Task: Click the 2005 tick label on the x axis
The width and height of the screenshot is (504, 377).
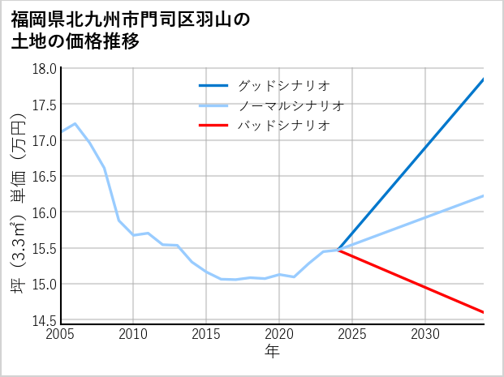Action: [60, 334]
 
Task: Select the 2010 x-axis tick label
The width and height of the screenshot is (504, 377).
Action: [133, 334]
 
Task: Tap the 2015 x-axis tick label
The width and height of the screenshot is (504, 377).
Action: [206, 334]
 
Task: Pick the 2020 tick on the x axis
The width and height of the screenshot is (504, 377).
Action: [279, 334]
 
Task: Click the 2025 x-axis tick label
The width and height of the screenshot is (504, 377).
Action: [352, 334]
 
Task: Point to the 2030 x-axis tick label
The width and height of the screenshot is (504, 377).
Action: [425, 334]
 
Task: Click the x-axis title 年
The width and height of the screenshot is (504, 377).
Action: [272, 352]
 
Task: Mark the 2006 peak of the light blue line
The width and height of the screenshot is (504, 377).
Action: [75, 123]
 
